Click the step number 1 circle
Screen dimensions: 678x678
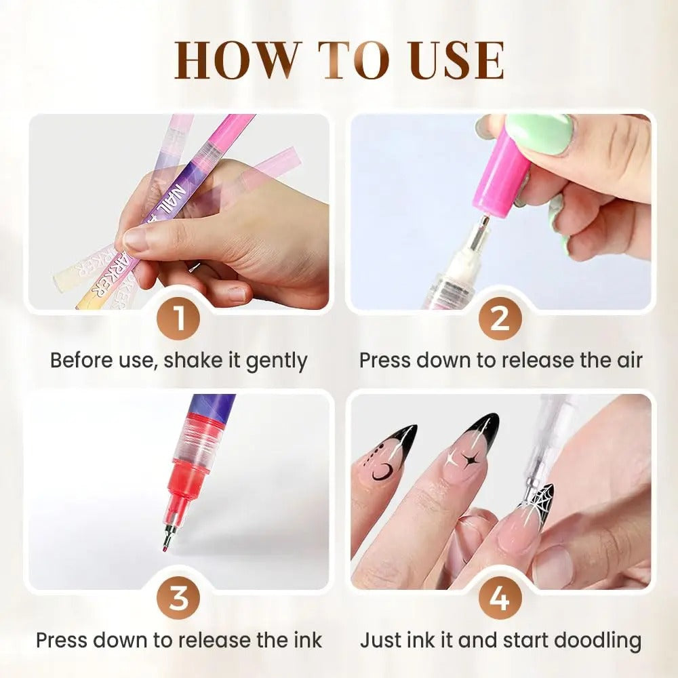point(178,318)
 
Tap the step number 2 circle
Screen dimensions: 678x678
point(500,318)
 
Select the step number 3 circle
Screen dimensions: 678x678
point(178,599)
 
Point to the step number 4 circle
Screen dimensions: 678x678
point(500,599)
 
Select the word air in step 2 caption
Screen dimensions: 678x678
point(624,360)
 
